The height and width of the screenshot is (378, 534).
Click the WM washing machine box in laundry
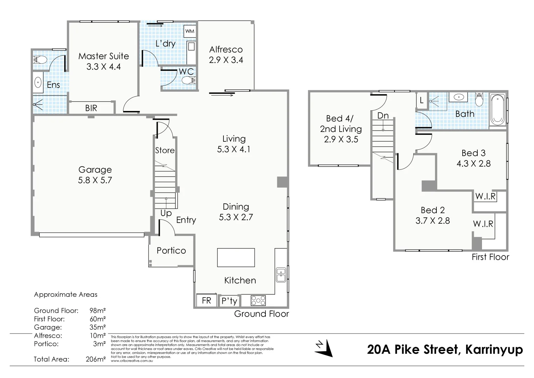point(190,31)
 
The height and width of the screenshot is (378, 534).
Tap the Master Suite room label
point(104,56)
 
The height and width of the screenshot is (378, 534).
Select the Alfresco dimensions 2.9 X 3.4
point(226,60)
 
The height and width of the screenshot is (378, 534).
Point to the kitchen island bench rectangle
point(236,258)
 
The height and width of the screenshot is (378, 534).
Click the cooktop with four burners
point(258,301)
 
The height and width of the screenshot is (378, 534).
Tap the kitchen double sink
point(281,275)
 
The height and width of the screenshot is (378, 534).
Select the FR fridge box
point(206,300)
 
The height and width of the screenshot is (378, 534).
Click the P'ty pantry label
point(229,301)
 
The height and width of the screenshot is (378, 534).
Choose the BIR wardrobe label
point(91,108)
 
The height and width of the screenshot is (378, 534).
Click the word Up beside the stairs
point(166,213)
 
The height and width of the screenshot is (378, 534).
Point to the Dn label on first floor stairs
point(383,116)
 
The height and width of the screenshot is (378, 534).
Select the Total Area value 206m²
point(95,359)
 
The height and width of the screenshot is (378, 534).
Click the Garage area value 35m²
point(98,327)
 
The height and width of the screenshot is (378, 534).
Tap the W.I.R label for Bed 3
point(485,196)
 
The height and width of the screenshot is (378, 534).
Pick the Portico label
point(171,251)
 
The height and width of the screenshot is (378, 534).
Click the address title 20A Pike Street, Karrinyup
point(445,349)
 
